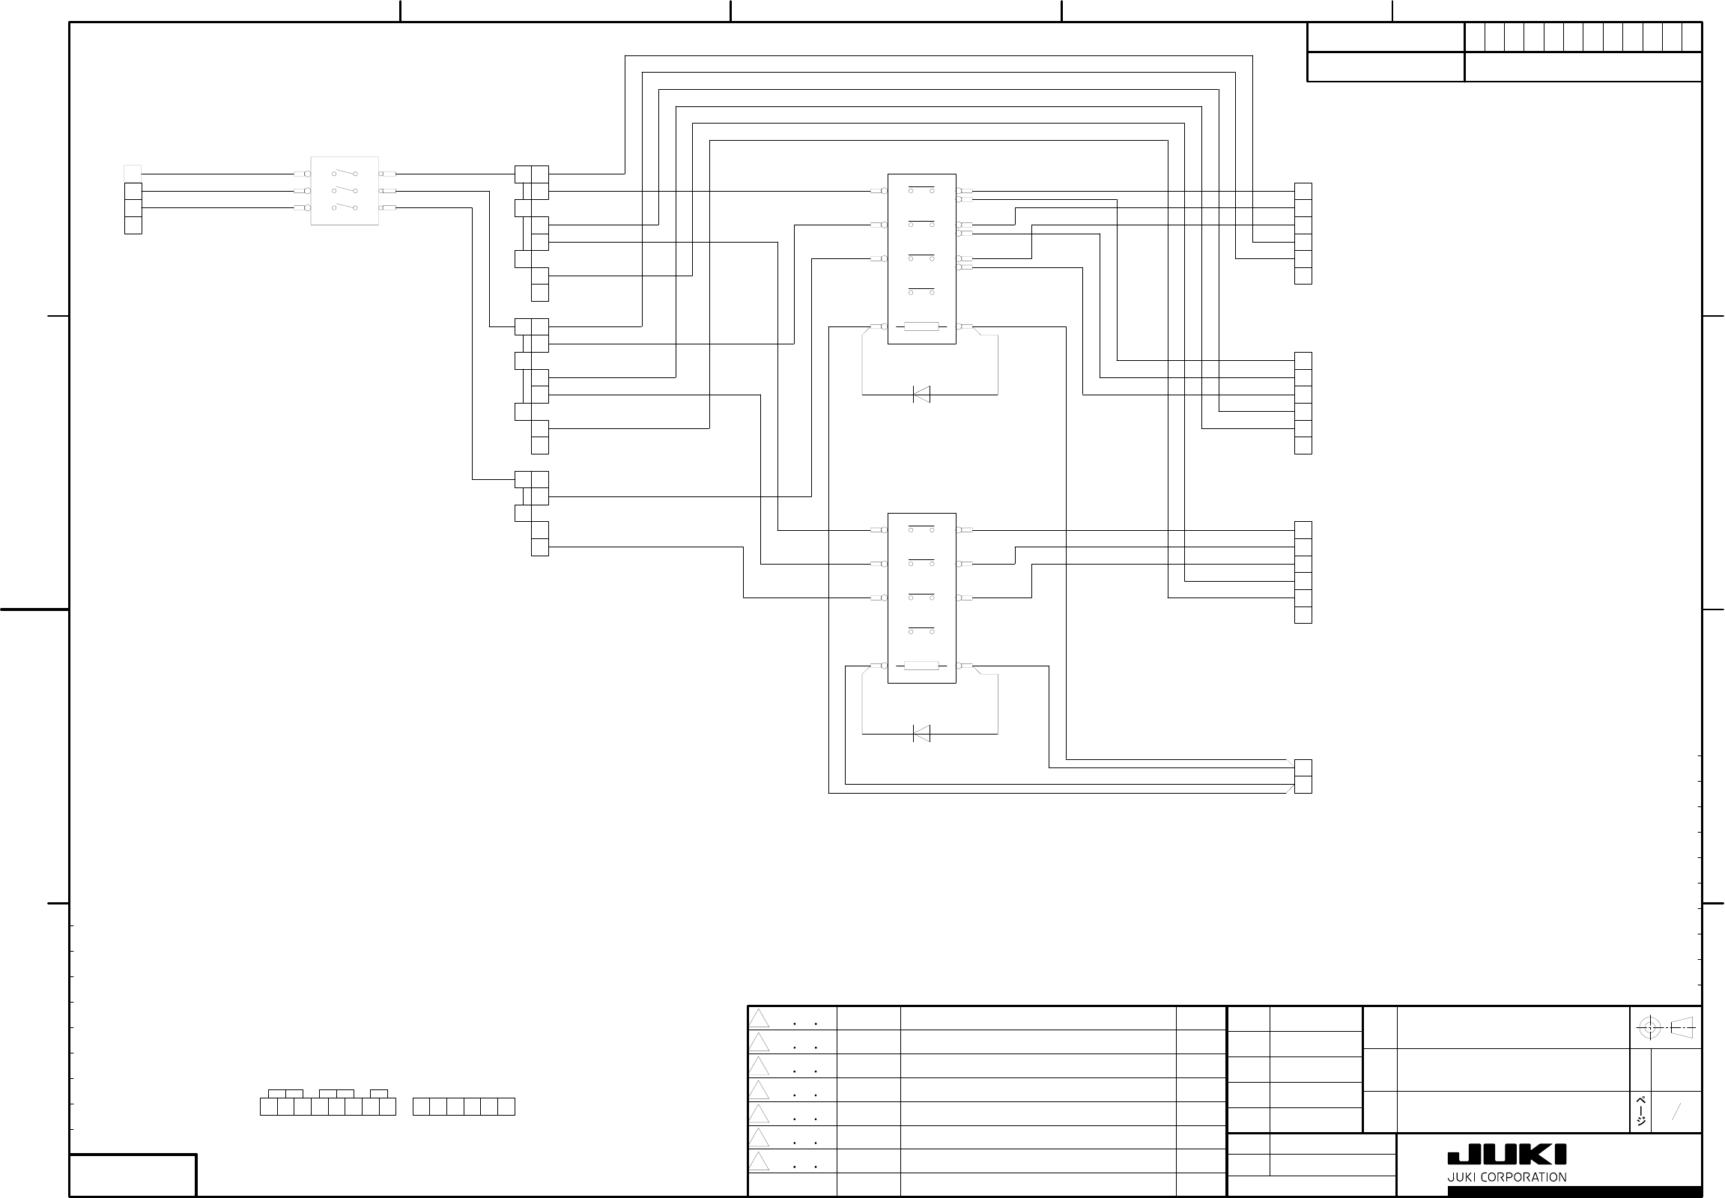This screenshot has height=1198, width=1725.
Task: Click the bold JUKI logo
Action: click(1506, 1155)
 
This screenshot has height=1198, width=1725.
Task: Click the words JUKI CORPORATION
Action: click(1506, 1177)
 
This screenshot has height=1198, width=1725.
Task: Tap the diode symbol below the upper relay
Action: click(921, 394)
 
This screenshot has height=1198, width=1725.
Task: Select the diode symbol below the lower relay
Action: click(921, 733)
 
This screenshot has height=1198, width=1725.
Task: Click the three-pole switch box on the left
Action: click(345, 191)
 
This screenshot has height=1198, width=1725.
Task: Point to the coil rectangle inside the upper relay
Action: click(921, 326)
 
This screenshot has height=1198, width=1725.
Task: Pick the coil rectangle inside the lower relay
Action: click(921, 666)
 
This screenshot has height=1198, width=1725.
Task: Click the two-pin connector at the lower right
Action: click(1303, 776)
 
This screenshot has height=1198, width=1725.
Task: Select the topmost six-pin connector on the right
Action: click(1303, 234)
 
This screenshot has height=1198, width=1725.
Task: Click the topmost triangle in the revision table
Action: click(760, 1018)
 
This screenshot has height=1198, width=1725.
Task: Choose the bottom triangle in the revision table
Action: click(760, 1161)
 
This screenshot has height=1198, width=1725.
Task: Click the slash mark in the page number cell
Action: click(1675, 1112)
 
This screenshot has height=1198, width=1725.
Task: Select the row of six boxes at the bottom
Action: click(464, 1107)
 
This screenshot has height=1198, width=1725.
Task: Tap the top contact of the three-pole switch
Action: click(345, 174)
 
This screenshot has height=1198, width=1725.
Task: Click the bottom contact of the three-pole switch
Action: click(345, 207)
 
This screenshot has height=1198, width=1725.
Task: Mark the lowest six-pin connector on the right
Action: click(1303, 572)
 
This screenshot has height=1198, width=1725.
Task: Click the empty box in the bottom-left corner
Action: click(133, 1175)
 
